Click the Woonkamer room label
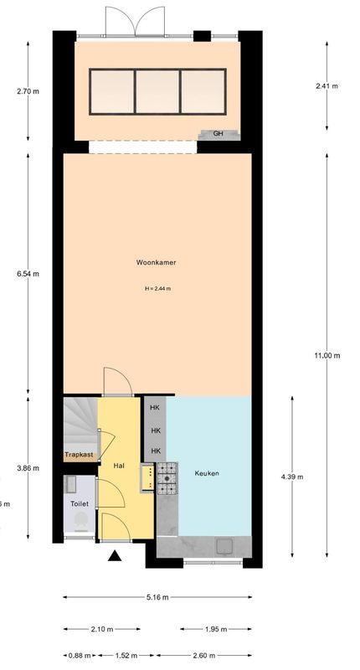tap(157, 262)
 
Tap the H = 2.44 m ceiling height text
tap(157, 289)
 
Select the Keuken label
tap(207, 474)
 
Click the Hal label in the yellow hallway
tap(119, 465)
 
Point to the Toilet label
tap(80, 504)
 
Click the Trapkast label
tap(80, 456)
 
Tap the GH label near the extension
tap(218, 133)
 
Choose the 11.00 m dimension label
tap(327, 355)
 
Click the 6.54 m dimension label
tap(28, 273)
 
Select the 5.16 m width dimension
tap(157, 597)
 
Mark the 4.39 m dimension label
tap(291, 477)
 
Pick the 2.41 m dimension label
tap(327, 85)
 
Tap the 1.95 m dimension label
tap(214, 629)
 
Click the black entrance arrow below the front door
tap(115, 555)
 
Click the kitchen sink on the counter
tap(225, 545)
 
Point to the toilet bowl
tap(81, 521)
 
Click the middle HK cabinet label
tap(155, 430)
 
